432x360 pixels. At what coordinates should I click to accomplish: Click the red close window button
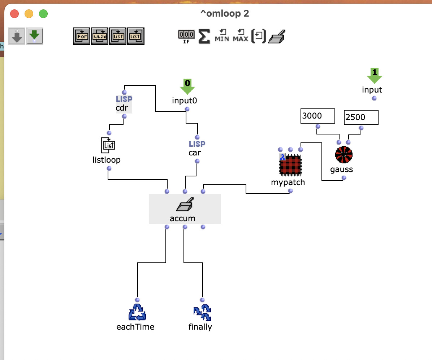[14, 13]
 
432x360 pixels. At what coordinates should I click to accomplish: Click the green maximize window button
[43, 13]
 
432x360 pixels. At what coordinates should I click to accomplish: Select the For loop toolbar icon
[82, 36]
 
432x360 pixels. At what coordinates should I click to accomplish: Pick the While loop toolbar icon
[99, 36]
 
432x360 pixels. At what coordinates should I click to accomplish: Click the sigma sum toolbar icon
[204, 37]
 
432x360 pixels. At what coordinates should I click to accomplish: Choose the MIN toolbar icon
[222, 36]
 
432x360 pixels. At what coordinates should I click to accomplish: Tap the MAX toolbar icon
[241, 36]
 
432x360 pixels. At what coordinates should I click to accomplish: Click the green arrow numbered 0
[187, 86]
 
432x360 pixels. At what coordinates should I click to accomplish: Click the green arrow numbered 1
[375, 76]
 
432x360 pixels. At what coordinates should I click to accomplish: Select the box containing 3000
[317, 116]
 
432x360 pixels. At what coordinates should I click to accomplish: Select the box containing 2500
[361, 117]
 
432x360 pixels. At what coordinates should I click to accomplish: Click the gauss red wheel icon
[344, 155]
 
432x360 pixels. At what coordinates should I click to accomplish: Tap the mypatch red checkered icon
[290, 165]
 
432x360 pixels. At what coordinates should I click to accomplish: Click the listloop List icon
[108, 145]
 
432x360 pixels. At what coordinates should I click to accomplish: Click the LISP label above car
[197, 144]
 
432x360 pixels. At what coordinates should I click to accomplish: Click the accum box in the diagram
[185, 209]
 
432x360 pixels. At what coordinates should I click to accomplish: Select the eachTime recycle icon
[137, 312]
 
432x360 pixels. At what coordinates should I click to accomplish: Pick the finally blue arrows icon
[202, 312]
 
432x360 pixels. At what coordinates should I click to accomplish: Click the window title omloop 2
[225, 13]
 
